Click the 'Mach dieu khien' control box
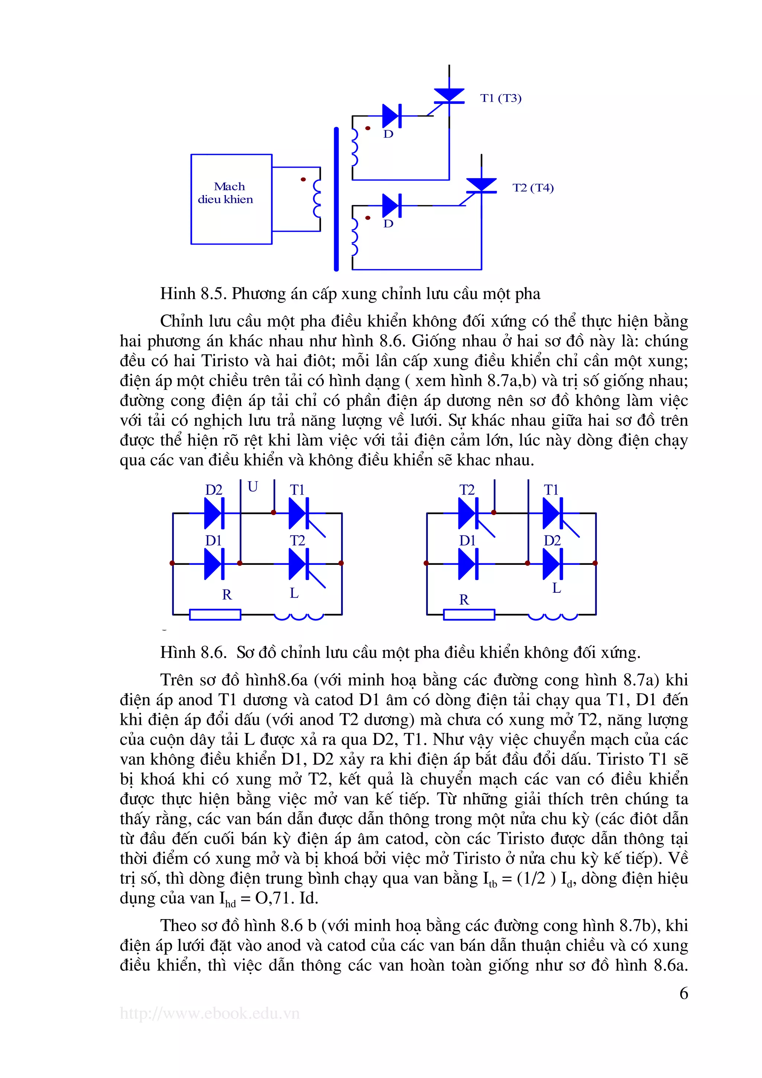(x=231, y=199)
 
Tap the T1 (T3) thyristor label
(x=500, y=98)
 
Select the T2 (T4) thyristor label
(x=533, y=188)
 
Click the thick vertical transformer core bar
(x=336, y=199)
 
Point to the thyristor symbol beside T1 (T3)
(x=449, y=95)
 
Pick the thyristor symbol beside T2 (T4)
(x=481, y=185)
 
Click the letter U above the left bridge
(x=253, y=487)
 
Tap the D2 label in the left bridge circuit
(x=214, y=490)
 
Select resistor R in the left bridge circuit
(x=215, y=615)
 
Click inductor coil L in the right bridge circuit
(x=553, y=616)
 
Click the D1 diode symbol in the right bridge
(x=467, y=563)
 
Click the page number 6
(x=683, y=993)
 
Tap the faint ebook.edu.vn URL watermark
(x=209, y=1014)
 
